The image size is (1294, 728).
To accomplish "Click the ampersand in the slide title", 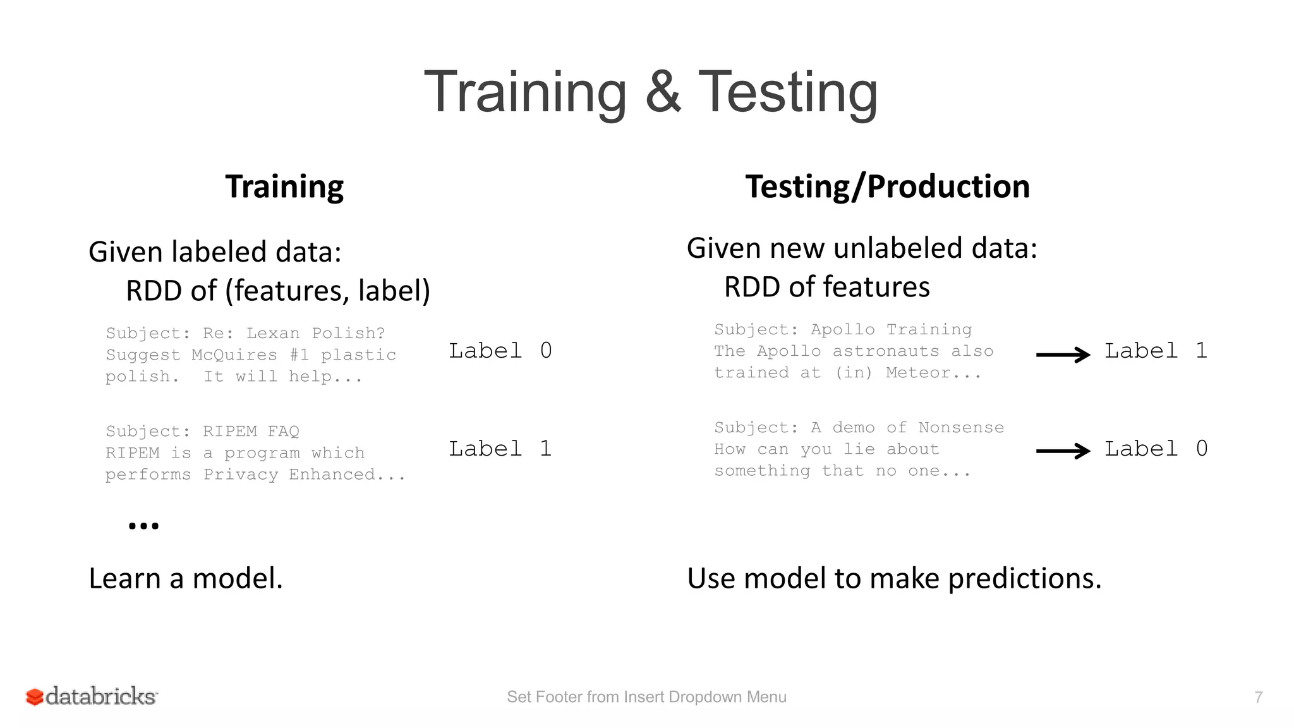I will pos(663,92).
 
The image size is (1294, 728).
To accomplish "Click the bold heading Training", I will pos(284,187).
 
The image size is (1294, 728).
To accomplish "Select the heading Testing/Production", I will pos(887,187).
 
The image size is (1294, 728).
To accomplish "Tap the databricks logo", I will pos(92,696).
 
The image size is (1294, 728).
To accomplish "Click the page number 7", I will pos(1258,697).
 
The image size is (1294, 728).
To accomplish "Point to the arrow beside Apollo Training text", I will pos(1063,355).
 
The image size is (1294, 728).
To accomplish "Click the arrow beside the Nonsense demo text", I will pos(1063,451).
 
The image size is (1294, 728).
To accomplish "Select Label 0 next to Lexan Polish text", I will pos(500,351).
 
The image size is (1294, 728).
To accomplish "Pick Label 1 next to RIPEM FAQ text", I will pos(500,449).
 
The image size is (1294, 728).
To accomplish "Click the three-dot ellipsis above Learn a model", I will pos(143,526).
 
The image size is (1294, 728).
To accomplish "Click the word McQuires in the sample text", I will pos(234,355).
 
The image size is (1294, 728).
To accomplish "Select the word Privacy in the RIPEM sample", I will pos(241,475).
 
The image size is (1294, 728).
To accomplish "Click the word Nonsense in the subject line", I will pos(960,428).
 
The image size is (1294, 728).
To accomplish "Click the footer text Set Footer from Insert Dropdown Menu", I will pos(646,697).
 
